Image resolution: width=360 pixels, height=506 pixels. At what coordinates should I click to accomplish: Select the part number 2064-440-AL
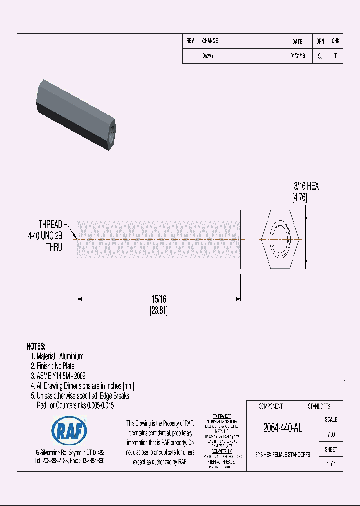(282, 428)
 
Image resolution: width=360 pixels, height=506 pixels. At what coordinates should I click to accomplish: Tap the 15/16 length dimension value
(158, 299)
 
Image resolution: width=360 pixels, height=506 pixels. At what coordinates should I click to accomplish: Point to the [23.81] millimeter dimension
(158, 310)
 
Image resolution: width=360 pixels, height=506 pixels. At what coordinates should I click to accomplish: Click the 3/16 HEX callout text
(305, 186)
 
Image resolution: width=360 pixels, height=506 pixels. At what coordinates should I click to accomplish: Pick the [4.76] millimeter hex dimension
(299, 197)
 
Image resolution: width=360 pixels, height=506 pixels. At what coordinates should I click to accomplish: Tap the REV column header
(190, 41)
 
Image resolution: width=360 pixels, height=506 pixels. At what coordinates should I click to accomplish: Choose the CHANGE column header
(210, 41)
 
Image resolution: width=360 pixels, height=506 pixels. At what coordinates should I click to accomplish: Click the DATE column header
(297, 42)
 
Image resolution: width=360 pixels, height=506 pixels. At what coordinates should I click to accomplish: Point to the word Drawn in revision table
(208, 56)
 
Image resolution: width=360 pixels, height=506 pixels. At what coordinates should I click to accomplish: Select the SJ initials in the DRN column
(320, 56)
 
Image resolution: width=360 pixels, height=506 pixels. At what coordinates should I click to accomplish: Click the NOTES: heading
(36, 346)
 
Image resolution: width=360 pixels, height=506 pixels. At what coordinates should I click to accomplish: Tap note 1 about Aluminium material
(57, 356)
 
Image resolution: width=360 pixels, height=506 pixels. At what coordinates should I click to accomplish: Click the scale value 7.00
(331, 434)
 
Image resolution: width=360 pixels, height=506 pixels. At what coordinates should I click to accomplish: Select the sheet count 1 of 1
(331, 464)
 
